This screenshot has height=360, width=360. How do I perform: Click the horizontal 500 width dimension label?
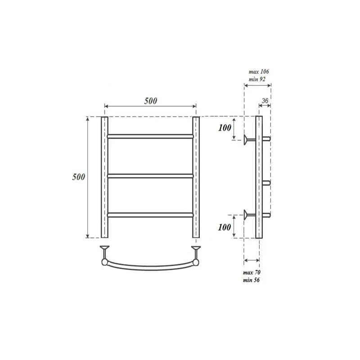tap(150, 101)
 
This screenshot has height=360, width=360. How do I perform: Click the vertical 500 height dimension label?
tap(79, 177)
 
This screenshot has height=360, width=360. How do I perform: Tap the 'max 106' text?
tap(259, 72)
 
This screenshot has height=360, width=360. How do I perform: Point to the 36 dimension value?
tap(265, 101)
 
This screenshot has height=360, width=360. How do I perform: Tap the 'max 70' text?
tap(252, 273)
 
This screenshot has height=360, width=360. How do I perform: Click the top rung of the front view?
tap(150, 135)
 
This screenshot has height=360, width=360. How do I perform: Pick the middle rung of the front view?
tap(150, 175)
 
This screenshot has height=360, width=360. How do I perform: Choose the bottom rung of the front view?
tap(150, 215)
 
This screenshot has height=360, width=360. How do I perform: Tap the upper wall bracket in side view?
tap(248, 139)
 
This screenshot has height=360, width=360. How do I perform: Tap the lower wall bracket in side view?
tap(248, 215)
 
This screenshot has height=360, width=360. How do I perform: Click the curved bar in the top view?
tap(150, 266)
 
